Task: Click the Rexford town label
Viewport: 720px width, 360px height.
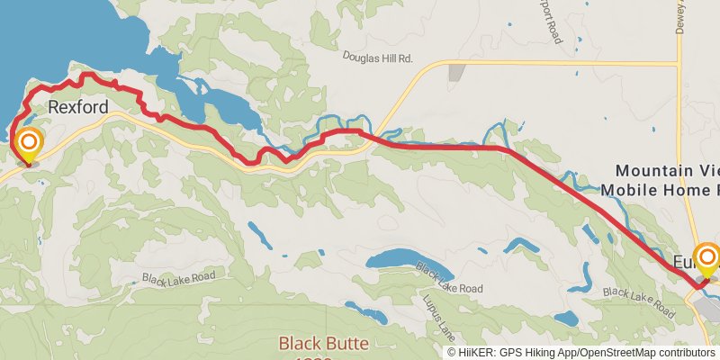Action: click(x=78, y=107)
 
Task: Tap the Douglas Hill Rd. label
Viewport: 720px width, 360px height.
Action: click(x=377, y=57)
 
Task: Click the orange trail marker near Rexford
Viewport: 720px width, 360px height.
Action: click(x=29, y=144)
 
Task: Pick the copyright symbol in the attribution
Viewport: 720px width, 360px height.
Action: click(x=453, y=352)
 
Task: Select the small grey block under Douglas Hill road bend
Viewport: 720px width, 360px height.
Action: click(x=457, y=73)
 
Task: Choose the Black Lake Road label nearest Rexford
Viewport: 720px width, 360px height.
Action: click(x=179, y=277)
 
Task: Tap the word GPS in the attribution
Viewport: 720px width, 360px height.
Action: click(x=517, y=352)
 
